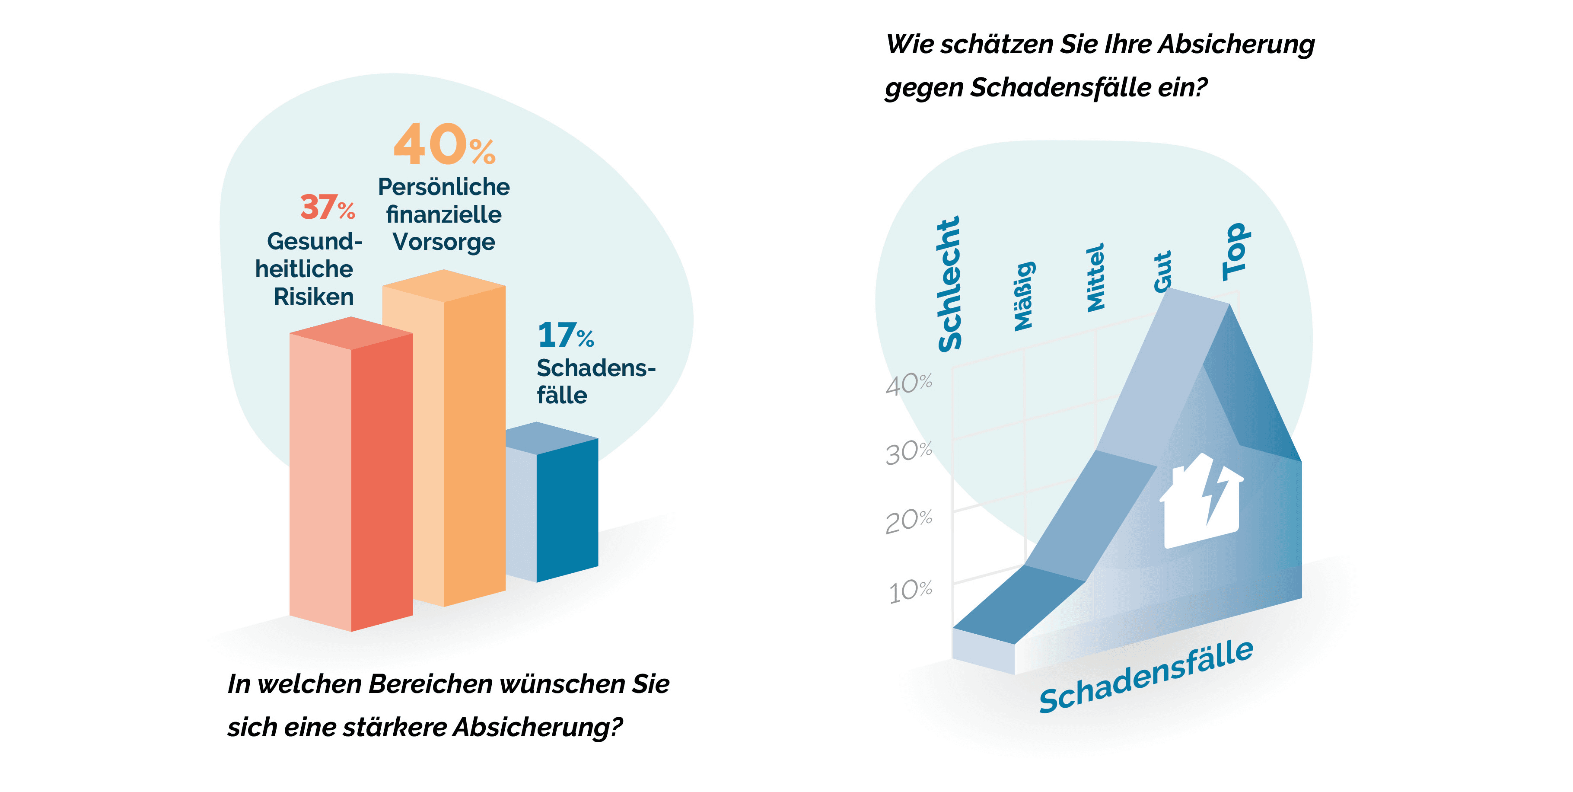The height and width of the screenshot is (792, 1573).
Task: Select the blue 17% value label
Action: [565, 335]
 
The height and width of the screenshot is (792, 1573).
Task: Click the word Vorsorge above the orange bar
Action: [444, 242]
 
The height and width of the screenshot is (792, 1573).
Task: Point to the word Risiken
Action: [314, 297]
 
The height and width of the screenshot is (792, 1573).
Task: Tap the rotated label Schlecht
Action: [949, 284]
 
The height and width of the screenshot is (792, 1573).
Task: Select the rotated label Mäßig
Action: [1024, 297]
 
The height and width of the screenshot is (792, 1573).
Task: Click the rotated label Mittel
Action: [1096, 278]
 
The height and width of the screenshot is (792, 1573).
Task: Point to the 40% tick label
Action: [909, 384]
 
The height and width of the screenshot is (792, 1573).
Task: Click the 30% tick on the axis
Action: [909, 453]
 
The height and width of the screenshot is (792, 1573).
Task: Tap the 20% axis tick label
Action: [909, 521]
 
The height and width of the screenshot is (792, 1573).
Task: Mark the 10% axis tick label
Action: [910, 591]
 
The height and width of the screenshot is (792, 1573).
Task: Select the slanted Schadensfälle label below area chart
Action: [1146, 677]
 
